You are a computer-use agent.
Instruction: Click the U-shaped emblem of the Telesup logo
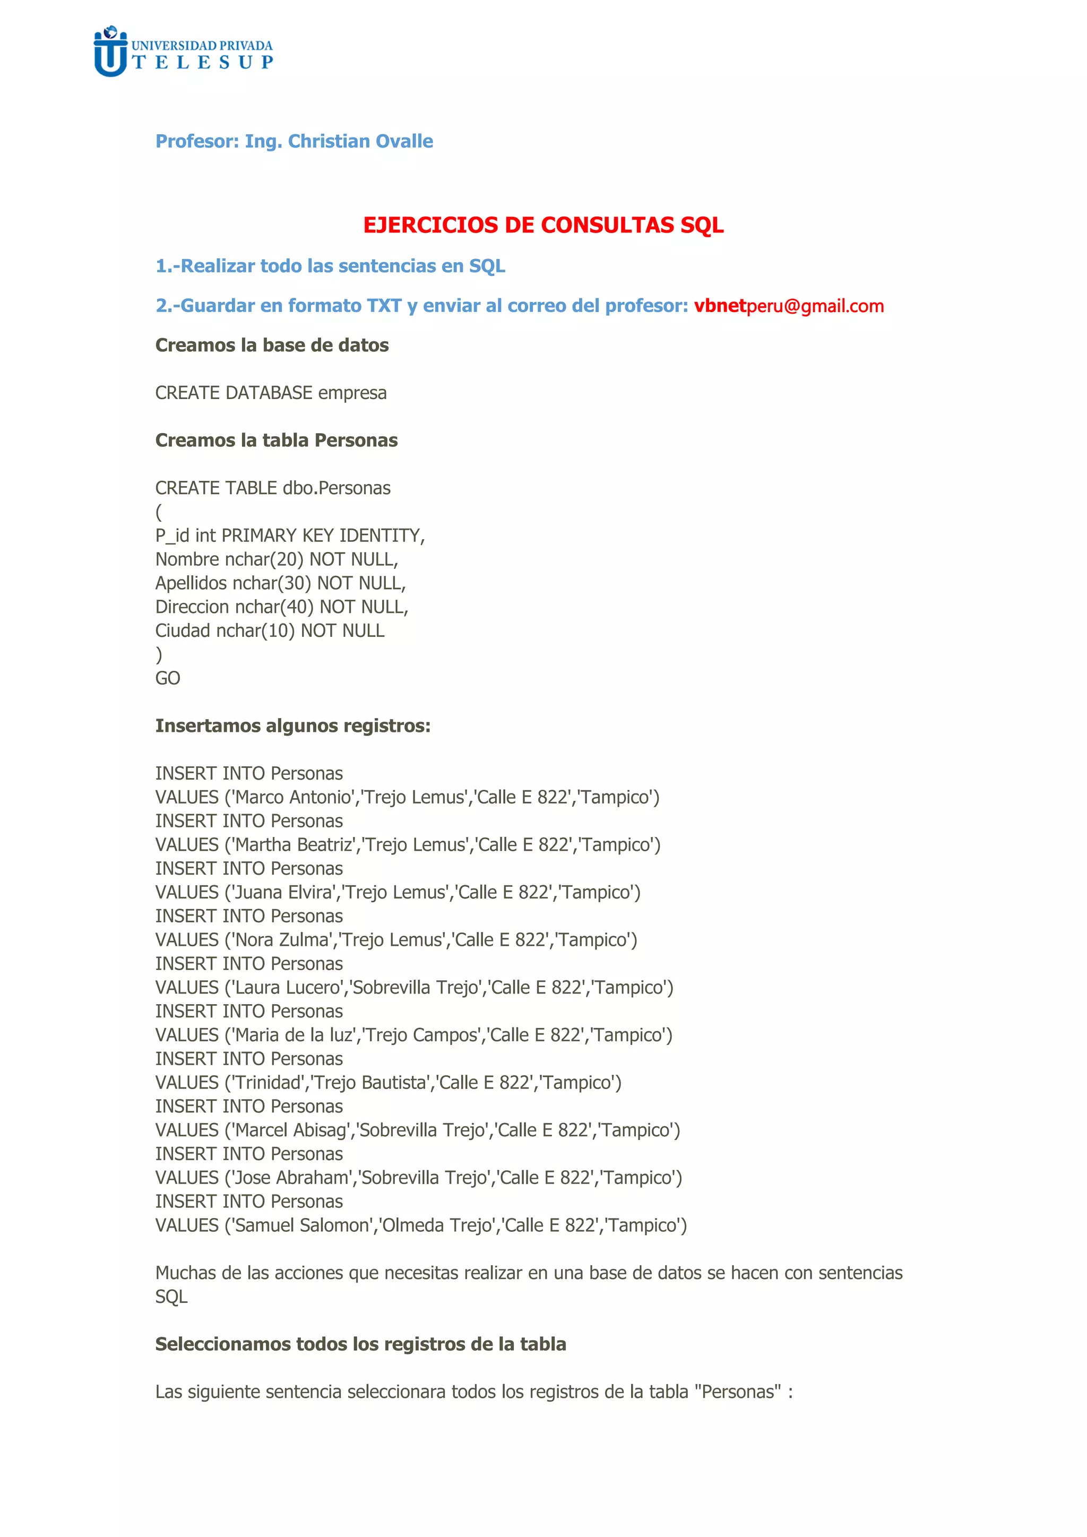point(110,54)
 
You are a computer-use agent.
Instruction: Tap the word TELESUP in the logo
point(203,62)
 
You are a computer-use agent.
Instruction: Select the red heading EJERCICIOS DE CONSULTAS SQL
point(543,225)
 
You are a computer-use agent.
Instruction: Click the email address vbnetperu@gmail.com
point(789,306)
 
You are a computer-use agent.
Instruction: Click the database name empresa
point(352,393)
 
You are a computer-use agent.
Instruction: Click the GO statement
point(167,678)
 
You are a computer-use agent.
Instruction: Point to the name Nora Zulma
point(282,940)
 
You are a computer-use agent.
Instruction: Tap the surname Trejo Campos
point(423,1035)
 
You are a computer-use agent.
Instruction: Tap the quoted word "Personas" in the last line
point(738,1392)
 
